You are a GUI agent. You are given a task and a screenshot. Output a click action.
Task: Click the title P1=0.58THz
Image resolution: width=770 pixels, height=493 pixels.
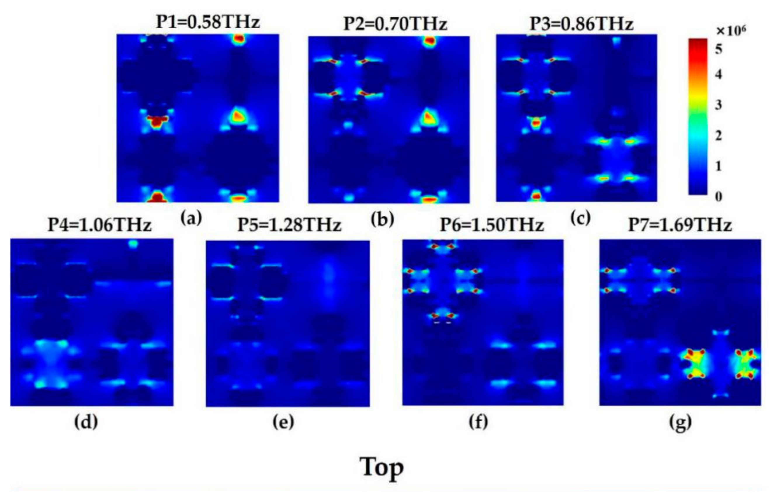point(208,23)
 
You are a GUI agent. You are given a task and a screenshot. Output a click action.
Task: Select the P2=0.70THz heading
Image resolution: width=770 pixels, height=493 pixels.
point(395,24)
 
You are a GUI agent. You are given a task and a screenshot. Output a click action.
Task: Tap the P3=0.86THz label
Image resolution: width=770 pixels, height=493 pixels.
point(581,24)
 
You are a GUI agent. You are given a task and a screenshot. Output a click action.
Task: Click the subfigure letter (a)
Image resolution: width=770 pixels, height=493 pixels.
point(191,218)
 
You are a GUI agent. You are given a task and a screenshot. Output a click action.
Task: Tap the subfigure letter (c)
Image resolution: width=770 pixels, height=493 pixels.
point(580,218)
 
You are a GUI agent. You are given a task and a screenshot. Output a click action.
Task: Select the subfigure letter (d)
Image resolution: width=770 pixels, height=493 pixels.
point(86,422)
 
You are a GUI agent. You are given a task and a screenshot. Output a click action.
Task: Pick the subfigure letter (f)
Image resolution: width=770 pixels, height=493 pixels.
point(478,422)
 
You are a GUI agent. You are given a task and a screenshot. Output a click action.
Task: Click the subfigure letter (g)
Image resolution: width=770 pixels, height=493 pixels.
point(680,423)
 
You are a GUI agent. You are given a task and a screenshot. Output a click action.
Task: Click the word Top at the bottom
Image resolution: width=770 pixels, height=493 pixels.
point(382,468)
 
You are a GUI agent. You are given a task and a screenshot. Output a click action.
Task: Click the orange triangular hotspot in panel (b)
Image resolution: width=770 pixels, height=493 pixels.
point(428,117)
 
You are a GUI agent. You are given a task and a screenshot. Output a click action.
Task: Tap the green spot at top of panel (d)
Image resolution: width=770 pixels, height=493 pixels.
point(133,244)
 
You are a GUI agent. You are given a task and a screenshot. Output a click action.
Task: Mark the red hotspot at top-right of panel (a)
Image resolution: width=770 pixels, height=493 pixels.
point(238,39)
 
